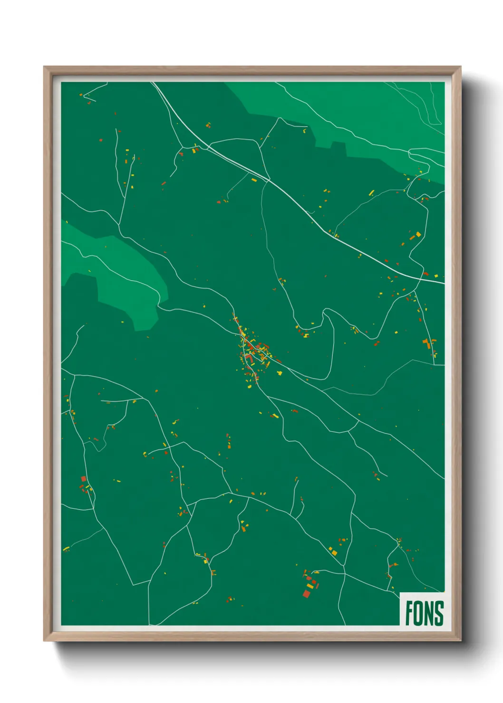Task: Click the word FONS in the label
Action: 424,613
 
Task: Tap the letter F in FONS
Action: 409,613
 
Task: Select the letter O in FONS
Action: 418,613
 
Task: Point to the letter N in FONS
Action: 429,613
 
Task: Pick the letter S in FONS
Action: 439,613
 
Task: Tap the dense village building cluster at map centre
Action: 252,349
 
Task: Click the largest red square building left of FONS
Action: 307,593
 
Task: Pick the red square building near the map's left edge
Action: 84,479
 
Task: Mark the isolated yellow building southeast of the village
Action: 280,373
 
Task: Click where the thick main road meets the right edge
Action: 444,283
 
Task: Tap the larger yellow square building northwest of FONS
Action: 334,552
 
